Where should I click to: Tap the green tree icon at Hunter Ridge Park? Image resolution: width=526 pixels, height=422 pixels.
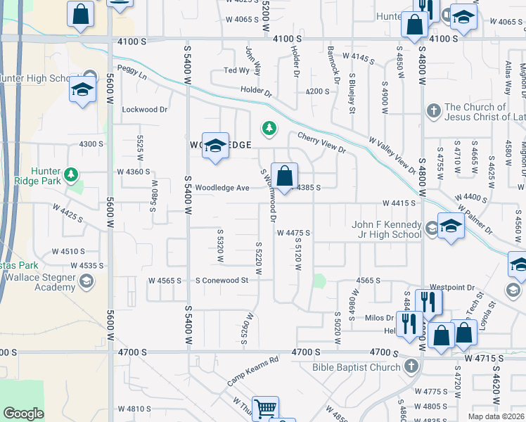70,174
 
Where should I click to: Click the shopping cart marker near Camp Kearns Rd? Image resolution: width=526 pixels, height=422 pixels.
265,408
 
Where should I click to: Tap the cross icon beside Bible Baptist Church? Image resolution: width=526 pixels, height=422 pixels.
411,366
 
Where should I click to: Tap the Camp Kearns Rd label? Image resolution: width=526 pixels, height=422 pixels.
253,371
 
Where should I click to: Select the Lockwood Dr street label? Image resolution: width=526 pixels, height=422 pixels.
145,110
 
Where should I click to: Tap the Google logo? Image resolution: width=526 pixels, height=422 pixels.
23,414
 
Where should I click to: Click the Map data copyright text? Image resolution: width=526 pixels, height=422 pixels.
496,416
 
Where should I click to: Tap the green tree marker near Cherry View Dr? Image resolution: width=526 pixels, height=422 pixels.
268,128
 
